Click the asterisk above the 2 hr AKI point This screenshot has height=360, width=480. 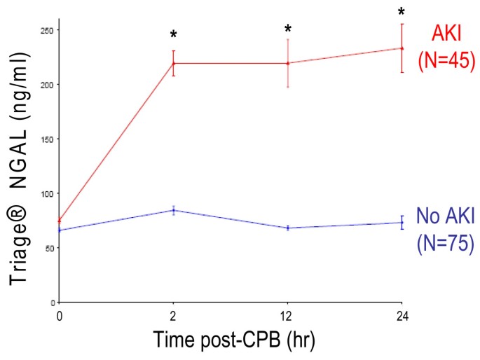173,34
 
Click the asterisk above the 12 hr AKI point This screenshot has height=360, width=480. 288,29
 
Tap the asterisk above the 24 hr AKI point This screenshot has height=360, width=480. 402,12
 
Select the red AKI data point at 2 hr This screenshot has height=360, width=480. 174,63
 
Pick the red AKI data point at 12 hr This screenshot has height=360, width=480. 288,63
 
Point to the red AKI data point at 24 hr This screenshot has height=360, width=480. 402,48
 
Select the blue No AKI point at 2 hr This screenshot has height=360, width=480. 174,210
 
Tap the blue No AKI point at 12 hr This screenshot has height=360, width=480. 288,228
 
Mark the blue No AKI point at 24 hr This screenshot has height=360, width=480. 402,223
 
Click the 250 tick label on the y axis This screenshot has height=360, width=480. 48,30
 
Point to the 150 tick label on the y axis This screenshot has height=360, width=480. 48,139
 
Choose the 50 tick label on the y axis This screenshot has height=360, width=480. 50,248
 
